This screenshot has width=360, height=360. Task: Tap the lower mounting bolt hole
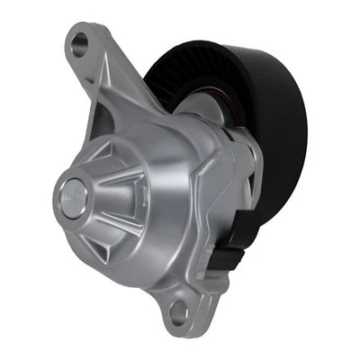pos(179,310)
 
